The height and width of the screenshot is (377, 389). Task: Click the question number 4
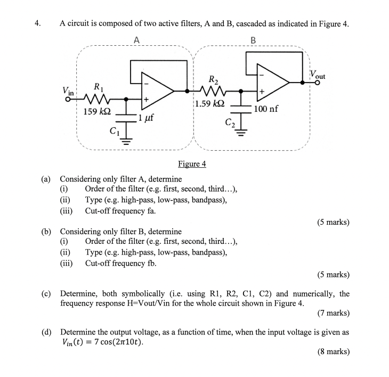coord(37,23)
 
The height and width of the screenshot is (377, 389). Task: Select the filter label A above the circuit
coord(137,40)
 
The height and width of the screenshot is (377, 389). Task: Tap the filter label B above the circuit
coord(253,40)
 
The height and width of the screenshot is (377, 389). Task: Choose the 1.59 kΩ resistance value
coord(210,104)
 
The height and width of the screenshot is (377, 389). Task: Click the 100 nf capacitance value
coord(266,109)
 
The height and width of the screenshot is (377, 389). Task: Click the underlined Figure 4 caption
coord(192,163)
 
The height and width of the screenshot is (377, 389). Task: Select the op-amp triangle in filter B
coord(272,83)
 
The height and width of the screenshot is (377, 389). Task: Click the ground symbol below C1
coord(126,141)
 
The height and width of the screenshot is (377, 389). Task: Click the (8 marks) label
coord(334,351)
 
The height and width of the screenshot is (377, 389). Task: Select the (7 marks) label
coord(334,314)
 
